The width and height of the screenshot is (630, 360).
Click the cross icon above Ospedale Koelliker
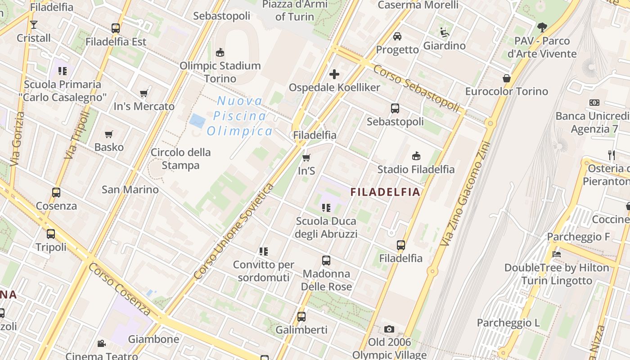334,74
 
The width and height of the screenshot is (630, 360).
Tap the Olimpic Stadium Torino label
220,72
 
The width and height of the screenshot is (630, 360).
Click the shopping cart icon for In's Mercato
144,94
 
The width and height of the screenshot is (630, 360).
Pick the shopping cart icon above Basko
108,134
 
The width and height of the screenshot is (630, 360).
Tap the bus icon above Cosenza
56,193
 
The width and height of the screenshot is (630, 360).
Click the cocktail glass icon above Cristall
34,24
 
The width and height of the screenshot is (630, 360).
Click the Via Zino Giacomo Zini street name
465,194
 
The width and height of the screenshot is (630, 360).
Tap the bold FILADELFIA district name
385,192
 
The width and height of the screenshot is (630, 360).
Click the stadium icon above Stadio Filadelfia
416,156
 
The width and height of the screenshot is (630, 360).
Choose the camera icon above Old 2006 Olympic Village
389,329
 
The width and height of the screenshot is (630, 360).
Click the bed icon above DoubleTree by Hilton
557,254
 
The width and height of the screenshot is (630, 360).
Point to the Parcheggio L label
508,323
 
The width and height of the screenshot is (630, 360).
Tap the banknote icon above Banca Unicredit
594,103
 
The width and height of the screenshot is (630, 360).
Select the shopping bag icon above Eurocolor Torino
507,78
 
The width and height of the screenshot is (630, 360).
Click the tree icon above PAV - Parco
542,27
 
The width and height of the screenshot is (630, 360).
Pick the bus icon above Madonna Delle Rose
326,261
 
